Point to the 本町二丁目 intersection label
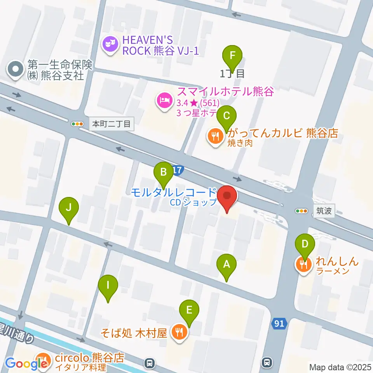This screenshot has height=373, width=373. click(x=112, y=124)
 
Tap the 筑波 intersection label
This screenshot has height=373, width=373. click(x=324, y=211)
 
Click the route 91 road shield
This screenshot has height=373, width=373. click(x=279, y=323)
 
